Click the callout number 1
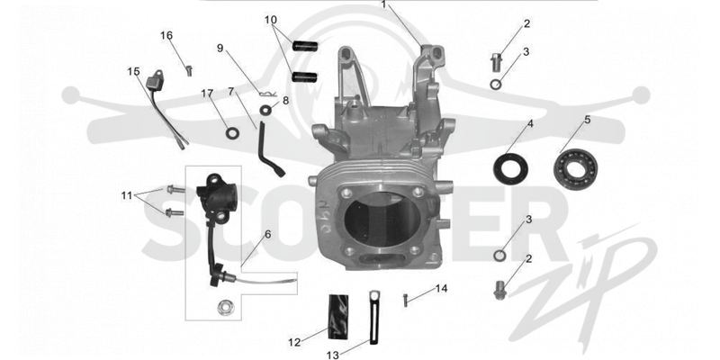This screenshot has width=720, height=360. (384, 4)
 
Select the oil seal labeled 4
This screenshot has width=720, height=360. (510, 169)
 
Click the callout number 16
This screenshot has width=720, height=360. (166, 35)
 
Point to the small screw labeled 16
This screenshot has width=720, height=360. (188, 71)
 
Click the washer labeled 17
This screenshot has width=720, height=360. (232, 133)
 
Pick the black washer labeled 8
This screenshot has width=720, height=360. (265, 110)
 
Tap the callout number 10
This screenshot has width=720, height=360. (271, 20)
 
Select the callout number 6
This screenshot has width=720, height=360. (267, 234)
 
